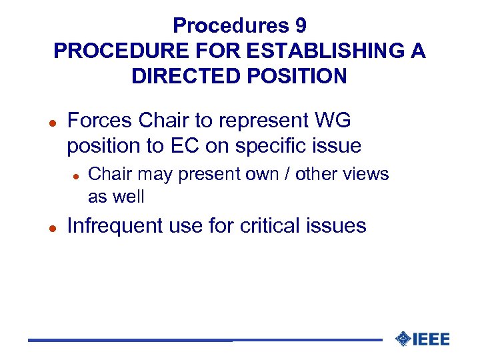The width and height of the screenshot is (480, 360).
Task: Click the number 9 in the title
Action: (299, 26)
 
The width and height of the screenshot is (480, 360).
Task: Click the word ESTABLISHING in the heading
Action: (313, 51)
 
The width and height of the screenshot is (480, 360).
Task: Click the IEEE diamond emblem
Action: (403, 339)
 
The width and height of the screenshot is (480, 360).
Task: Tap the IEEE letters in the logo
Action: (431, 339)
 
